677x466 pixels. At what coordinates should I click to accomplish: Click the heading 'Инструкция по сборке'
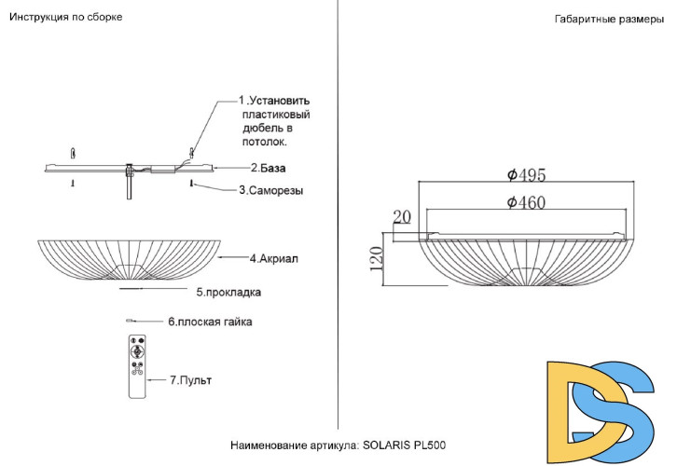pos(65,18)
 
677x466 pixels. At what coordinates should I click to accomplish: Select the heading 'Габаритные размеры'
pos(609,20)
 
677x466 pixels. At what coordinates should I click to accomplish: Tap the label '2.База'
pos(269,168)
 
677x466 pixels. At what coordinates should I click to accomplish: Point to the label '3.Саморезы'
pos(271,190)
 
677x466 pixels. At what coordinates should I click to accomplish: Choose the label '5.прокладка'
pos(228,292)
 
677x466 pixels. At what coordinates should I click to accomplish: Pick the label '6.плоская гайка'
pos(210,322)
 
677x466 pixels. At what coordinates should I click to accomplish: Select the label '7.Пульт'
pos(190,380)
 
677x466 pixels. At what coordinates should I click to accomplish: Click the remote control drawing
pos(137,366)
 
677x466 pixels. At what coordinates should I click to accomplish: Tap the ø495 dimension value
pos(526,175)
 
